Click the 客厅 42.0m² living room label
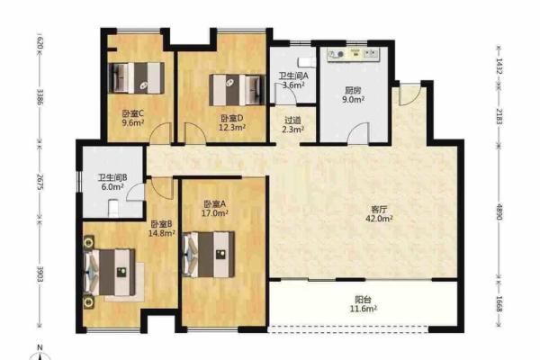coord(379,213)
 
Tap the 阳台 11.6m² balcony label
coord(364,304)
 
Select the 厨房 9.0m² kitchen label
coord(354,94)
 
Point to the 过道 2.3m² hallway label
coord(293,125)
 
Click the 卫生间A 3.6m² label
coord(293,80)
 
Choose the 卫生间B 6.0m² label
coord(112,182)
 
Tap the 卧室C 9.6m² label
coord(132,118)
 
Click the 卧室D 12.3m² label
coord(232,123)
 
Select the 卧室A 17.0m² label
coord(214,209)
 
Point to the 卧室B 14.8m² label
coord(161,229)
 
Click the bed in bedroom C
coord(137,78)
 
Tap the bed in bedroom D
coord(238,90)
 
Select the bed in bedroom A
coord(209,254)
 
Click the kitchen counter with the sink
coord(354,54)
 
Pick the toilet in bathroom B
coord(113,208)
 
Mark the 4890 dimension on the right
coord(499,211)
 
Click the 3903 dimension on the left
coord(40,274)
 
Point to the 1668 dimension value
coord(499,304)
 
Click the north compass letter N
coord(40,347)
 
